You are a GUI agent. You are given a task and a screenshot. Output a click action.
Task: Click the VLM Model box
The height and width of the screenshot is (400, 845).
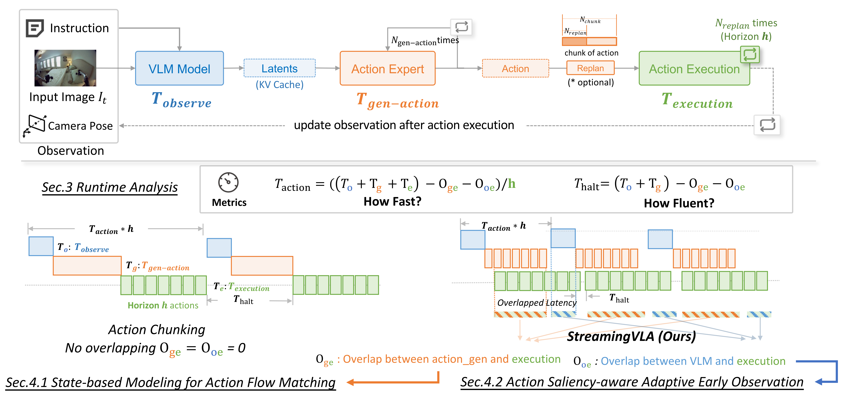pos(179,69)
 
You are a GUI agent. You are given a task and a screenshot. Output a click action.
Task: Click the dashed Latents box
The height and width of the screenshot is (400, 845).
pos(280,68)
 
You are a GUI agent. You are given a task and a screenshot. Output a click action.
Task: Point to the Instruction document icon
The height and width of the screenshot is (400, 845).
pos(34,28)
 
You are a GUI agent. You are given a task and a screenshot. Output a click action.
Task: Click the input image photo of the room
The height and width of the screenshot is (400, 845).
pos(65,68)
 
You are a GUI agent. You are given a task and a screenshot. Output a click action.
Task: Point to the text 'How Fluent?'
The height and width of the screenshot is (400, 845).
pos(679,203)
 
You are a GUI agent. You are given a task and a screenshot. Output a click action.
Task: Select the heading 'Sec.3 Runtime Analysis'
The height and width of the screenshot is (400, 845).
pos(110,187)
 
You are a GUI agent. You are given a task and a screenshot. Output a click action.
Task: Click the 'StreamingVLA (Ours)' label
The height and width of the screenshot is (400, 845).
pos(631,336)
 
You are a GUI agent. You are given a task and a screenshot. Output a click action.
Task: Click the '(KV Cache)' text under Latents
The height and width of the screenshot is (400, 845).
pos(280,85)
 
